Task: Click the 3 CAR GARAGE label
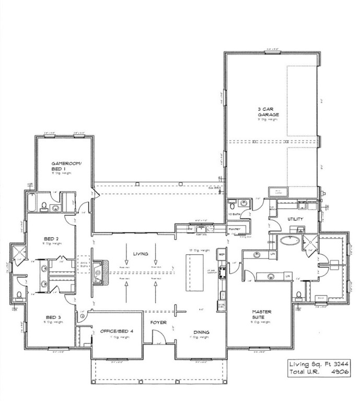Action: tap(268, 112)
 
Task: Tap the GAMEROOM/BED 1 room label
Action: tap(64, 166)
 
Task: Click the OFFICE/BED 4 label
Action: tap(116, 331)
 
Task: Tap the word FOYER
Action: tap(158, 323)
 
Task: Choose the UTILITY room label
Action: tap(296, 219)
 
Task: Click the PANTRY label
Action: tap(234, 229)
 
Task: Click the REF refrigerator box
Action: tap(221, 255)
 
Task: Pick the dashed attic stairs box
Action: tap(85, 263)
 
